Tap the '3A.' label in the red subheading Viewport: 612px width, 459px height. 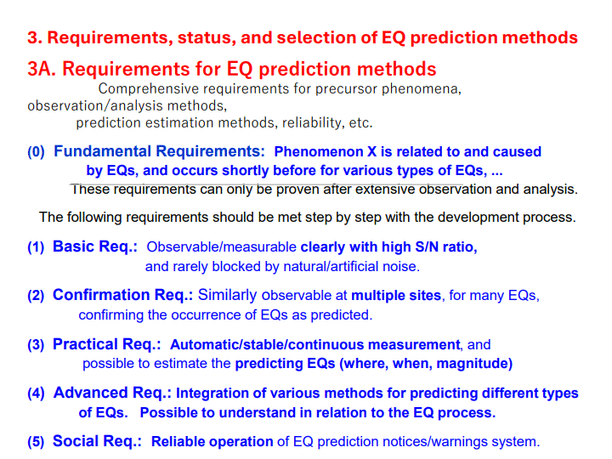pos(42,69)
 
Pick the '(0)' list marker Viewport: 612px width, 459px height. pos(36,151)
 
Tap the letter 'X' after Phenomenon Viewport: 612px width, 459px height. pos(371,151)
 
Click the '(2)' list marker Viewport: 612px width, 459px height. pos(36,296)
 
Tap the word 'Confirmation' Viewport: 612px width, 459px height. pos(101,295)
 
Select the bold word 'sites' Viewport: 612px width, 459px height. pos(425,296)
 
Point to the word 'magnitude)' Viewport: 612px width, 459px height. pos(474,364)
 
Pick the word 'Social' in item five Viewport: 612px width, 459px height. pos(76,441)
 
